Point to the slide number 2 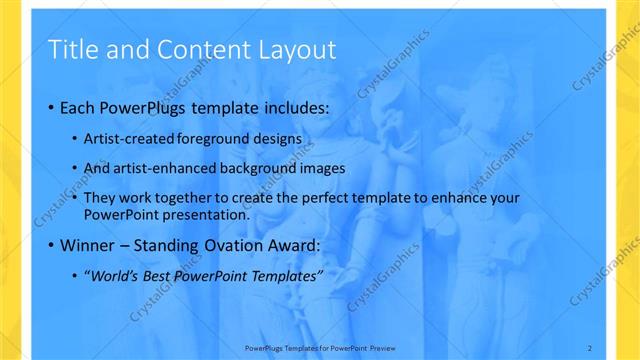pos(590,347)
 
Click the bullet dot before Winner pos(52,245)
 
